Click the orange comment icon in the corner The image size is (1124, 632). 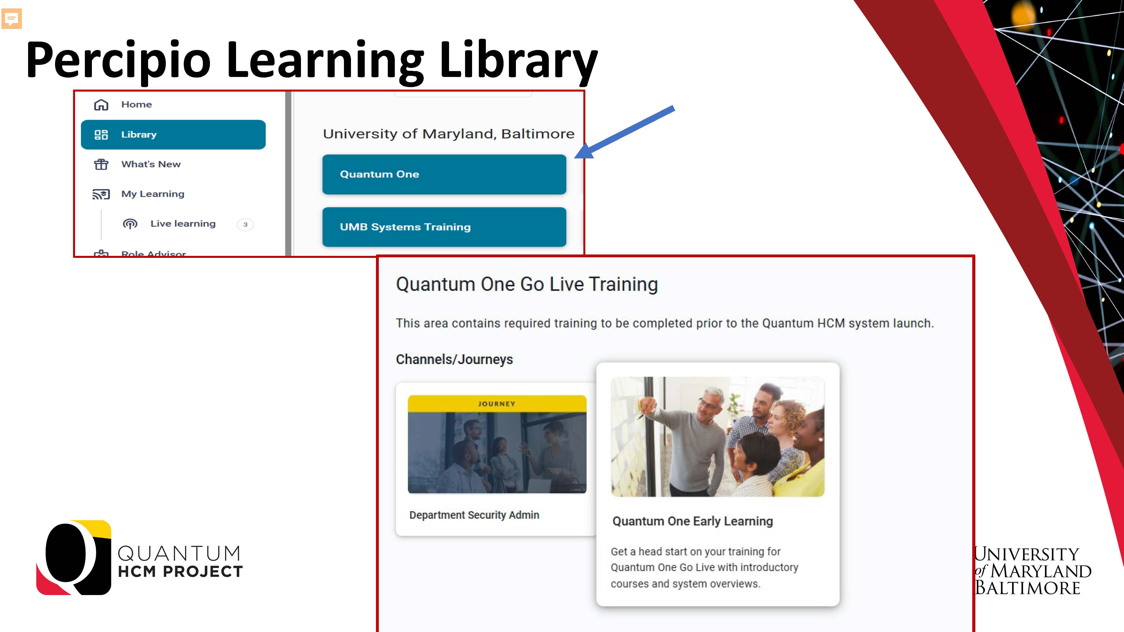(11, 19)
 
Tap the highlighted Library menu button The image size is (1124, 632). (173, 134)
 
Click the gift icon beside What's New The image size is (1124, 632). (101, 164)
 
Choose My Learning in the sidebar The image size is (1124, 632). (153, 194)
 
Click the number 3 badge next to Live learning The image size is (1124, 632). (245, 224)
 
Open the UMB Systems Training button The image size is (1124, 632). (444, 227)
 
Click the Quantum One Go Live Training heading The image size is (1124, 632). (527, 284)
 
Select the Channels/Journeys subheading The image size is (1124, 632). (454, 360)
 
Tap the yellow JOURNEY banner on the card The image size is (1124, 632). (497, 403)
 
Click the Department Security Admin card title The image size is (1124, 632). (474, 515)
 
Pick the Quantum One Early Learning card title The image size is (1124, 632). (692, 521)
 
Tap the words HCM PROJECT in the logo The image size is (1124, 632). (180, 571)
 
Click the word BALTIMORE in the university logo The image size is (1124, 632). (1028, 588)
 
